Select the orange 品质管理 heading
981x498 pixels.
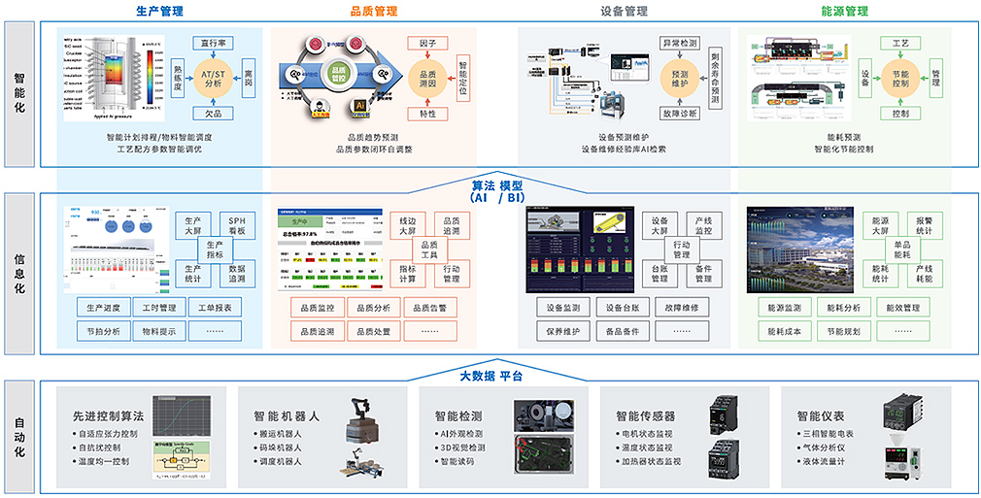click(373, 12)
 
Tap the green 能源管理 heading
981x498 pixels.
click(844, 12)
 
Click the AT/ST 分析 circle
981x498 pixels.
click(212, 78)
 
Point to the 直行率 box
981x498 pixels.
click(213, 44)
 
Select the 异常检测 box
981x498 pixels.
click(679, 44)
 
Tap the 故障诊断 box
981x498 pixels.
click(679, 114)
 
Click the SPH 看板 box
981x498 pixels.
click(237, 226)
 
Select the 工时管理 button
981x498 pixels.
click(159, 309)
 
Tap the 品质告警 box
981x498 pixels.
click(428, 309)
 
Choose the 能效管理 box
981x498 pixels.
click(903, 309)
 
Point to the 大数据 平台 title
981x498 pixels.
click(490, 376)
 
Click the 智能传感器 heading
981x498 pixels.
click(642, 415)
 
